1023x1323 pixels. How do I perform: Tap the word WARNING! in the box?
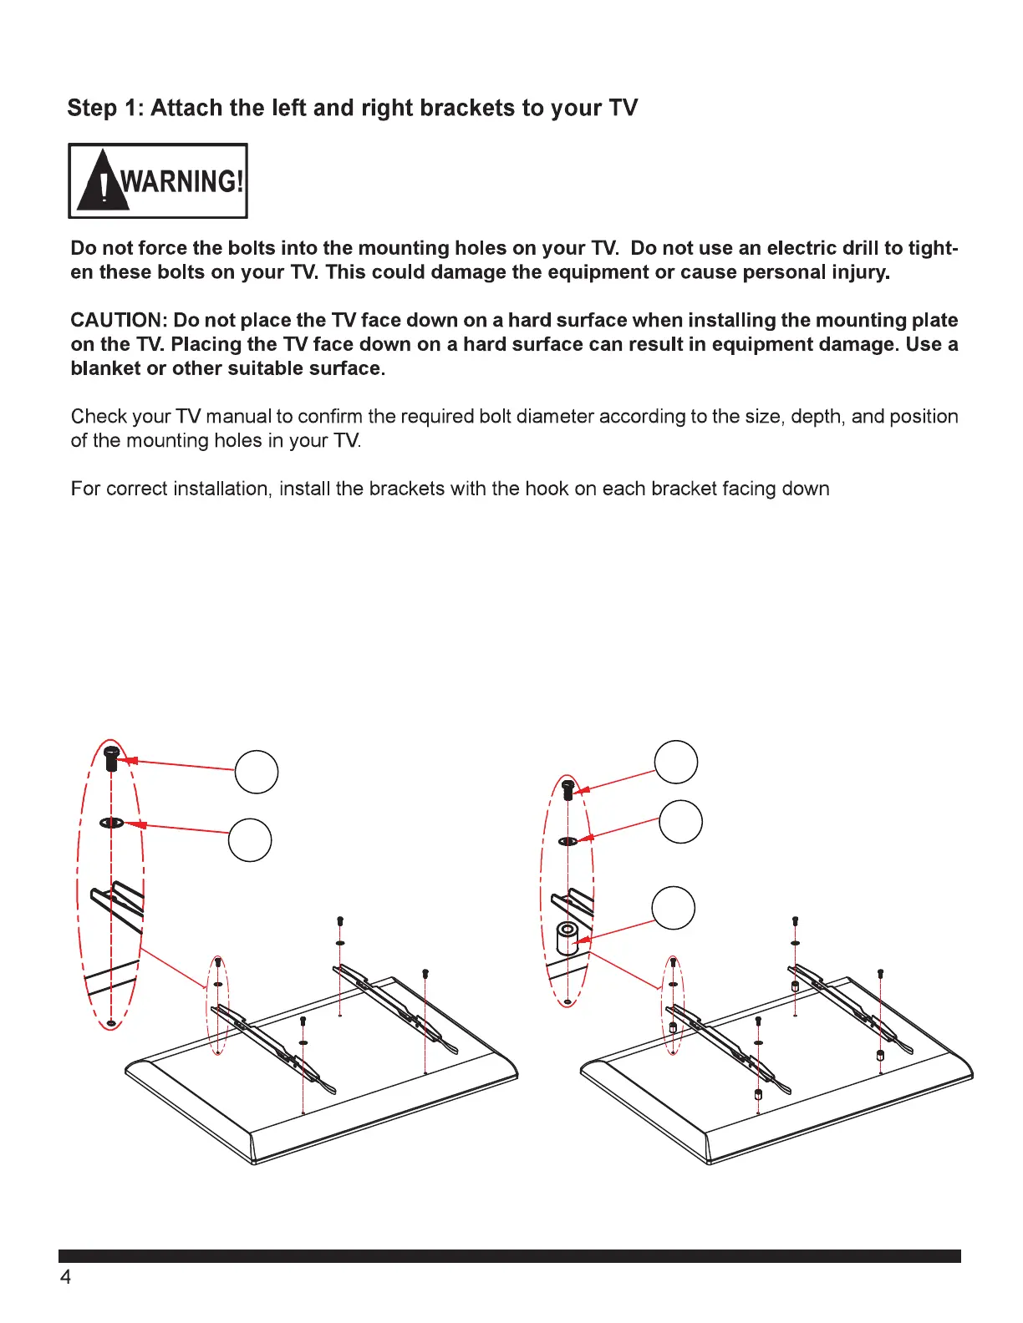tap(182, 181)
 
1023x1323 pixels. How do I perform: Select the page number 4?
tap(65, 1277)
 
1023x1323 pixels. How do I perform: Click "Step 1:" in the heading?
tap(105, 109)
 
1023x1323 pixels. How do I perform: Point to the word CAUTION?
tap(119, 321)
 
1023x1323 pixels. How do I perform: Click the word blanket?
tap(105, 368)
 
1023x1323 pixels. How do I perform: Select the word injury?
tap(860, 272)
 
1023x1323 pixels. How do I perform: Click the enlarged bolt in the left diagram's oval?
tap(111, 759)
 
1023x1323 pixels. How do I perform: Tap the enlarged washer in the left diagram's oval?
tap(112, 824)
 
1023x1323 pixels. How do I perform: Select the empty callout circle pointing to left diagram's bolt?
tap(257, 772)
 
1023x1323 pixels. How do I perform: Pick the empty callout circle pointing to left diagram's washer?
tap(250, 839)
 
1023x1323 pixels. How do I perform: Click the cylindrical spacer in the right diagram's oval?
tap(567, 938)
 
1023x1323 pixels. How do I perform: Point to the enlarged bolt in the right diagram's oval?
tap(568, 788)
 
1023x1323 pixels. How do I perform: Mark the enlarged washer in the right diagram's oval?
tap(567, 841)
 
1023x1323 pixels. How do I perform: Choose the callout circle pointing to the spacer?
tap(673, 908)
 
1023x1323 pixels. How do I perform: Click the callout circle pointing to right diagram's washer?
tap(680, 822)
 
